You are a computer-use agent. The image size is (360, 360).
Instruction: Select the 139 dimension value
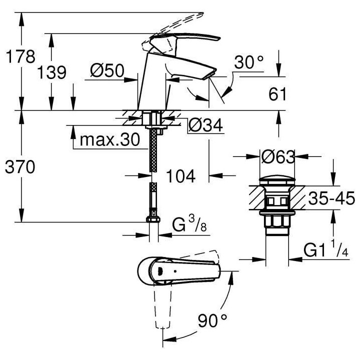tap(52, 72)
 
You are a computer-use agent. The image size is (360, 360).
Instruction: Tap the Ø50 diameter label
tap(107, 71)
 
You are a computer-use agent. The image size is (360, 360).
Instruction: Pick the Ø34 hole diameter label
tap(205, 126)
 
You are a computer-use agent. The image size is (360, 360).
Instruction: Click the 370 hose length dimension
tap(20, 168)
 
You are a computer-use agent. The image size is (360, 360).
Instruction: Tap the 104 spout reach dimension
tap(180, 175)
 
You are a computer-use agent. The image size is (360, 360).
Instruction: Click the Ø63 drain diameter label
tap(278, 157)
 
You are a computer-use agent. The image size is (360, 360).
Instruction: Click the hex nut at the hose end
tap(150, 221)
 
